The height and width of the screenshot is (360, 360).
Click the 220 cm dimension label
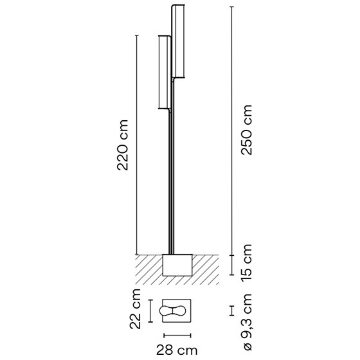click(x=122, y=145)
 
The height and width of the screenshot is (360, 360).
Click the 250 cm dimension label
click(x=246, y=130)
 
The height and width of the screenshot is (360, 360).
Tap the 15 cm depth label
click(x=246, y=262)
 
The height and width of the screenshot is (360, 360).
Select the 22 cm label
click(x=135, y=309)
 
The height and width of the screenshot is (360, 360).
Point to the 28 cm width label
click(x=177, y=350)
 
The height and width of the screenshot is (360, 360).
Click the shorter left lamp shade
click(x=165, y=73)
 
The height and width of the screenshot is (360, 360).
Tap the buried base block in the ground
click(x=177, y=265)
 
